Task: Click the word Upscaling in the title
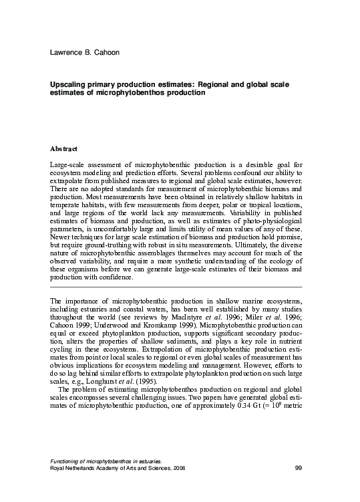coord(69,86)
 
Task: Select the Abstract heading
coord(64,148)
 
